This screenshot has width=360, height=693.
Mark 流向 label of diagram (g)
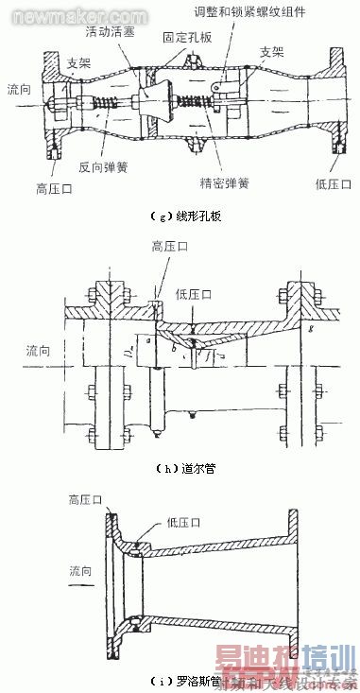19,88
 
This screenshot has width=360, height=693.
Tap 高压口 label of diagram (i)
86,498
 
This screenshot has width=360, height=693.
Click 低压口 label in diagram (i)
152,519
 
